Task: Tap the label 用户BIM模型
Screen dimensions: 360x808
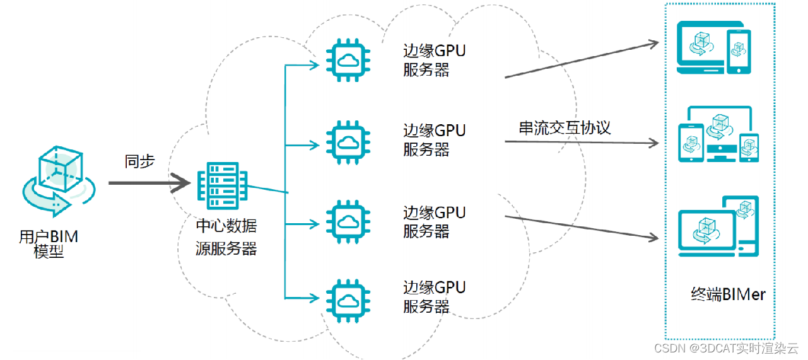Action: tap(49, 245)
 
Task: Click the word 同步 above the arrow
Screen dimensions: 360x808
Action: tap(139, 161)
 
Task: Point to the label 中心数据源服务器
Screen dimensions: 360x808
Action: tap(226, 236)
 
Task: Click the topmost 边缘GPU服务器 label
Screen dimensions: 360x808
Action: tap(435, 60)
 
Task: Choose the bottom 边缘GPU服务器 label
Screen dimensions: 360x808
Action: tap(435, 296)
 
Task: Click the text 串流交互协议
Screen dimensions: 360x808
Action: tap(565, 127)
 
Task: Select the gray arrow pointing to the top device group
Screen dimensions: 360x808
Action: tap(580, 61)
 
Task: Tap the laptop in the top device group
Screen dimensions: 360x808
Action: tap(699, 49)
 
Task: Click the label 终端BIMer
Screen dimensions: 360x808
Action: tap(728, 294)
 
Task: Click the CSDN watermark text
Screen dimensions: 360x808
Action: tap(726, 348)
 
